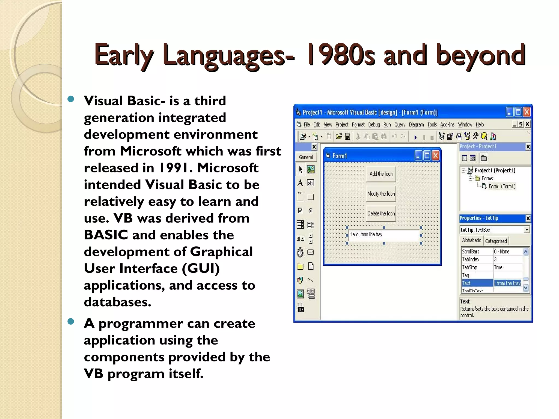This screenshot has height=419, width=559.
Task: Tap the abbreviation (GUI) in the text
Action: (x=201, y=268)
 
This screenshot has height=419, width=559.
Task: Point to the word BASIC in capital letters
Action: (x=106, y=235)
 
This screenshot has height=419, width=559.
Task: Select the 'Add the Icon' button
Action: (x=381, y=174)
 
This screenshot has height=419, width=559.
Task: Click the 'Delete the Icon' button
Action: (x=381, y=213)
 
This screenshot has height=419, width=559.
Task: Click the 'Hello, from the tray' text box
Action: (x=383, y=235)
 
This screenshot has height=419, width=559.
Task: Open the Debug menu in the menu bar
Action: (x=374, y=125)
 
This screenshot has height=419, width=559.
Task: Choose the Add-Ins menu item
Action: (x=447, y=125)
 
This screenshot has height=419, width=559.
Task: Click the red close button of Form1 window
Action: (x=436, y=156)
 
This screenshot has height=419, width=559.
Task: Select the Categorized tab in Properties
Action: (x=496, y=241)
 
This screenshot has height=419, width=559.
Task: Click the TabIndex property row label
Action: (x=471, y=259)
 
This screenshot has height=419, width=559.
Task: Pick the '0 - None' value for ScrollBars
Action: (x=502, y=252)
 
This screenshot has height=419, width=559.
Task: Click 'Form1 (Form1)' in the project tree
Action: (x=502, y=186)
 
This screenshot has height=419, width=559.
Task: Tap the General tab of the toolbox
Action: (x=306, y=157)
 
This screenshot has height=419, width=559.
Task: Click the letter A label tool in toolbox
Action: (x=300, y=183)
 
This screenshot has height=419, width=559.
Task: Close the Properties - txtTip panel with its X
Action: (x=528, y=218)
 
